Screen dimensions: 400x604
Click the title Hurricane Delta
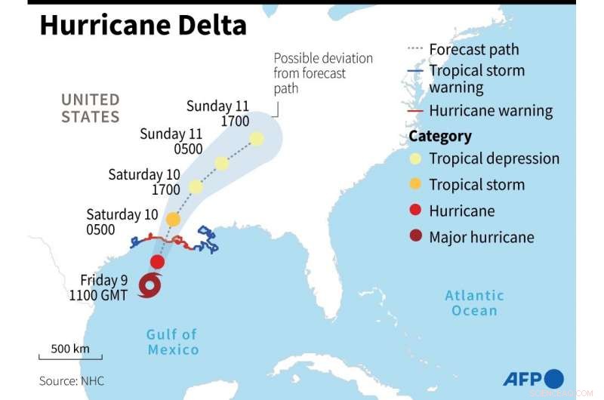click(143, 26)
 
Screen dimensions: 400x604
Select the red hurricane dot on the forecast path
click(157, 262)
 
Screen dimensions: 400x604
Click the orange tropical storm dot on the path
click(173, 220)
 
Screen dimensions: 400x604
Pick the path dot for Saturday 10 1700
click(196, 186)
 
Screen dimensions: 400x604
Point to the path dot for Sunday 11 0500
click(221, 163)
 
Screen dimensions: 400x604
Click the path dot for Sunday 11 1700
click(257, 139)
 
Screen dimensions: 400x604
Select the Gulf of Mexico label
click(173, 342)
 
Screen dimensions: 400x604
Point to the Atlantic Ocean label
click(474, 303)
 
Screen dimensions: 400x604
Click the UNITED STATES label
click(91, 108)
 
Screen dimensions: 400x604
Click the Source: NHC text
click(72, 381)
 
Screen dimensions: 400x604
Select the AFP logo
click(533, 379)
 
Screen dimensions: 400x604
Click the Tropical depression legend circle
click(414, 158)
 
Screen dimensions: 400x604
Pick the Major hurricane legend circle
click(414, 237)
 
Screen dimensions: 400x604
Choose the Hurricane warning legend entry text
click(491, 111)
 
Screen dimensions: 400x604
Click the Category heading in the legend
click(440, 136)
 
